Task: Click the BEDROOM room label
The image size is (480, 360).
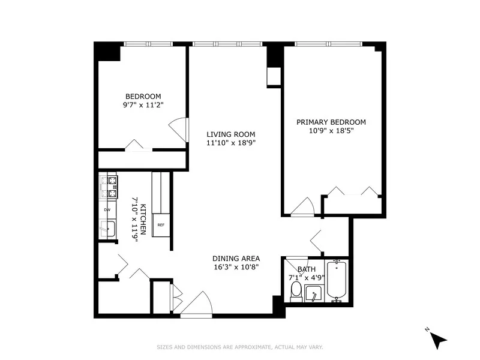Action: click(x=143, y=97)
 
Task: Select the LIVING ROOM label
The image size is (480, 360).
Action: click(x=231, y=134)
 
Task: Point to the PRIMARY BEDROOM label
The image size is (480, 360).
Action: click(x=331, y=122)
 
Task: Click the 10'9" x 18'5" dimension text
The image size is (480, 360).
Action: click(x=331, y=130)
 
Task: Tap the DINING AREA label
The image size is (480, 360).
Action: click(x=236, y=259)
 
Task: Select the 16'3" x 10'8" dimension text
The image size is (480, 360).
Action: click(x=236, y=267)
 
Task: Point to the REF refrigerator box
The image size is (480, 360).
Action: click(x=161, y=225)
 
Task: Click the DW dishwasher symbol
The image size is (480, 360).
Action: click(x=107, y=209)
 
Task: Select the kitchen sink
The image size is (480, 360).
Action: click(x=108, y=229)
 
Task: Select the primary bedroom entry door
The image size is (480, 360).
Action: click(x=302, y=206)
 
